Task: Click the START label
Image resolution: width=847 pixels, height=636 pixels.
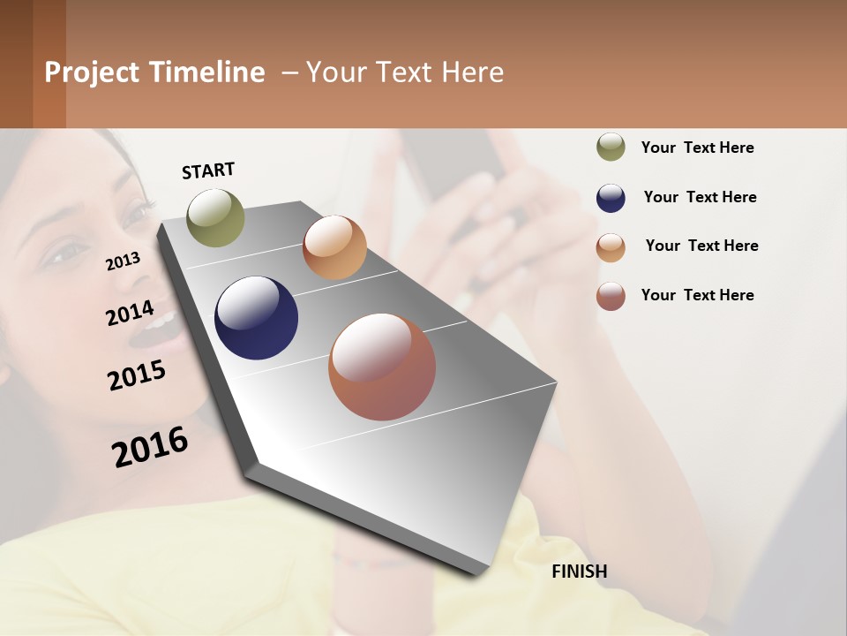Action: tap(208, 170)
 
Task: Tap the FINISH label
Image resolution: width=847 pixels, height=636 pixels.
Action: tap(579, 572)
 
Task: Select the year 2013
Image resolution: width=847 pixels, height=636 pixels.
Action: tap(123, 261)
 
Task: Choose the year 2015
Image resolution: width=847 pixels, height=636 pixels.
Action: tap(137, 375)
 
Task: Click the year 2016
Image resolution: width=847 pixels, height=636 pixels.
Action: tap(150, 447)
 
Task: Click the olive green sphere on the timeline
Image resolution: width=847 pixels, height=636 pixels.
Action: tap(215, 217)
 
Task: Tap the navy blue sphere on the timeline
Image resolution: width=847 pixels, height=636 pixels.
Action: tap(256, 318)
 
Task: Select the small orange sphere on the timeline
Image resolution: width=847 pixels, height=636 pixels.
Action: tap(334, 247)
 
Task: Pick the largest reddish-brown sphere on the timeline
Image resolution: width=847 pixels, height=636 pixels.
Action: tap(382, 367)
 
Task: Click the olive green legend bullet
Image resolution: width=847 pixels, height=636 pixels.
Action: tap(611, 147)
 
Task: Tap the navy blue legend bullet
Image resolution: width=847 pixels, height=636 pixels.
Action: tap(611, 197)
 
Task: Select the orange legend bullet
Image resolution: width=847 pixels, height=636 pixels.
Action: tap(611, 246)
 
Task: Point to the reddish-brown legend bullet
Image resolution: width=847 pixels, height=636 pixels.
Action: tap(611, 296)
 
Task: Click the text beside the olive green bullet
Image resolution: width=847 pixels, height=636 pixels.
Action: tap(697, 148)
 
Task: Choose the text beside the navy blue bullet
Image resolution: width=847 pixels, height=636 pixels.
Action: tap(700, 197)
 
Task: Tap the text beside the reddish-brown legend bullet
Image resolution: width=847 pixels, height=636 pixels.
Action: tap(697, 295)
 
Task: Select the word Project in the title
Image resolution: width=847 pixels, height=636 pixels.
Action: tap(93, 72)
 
